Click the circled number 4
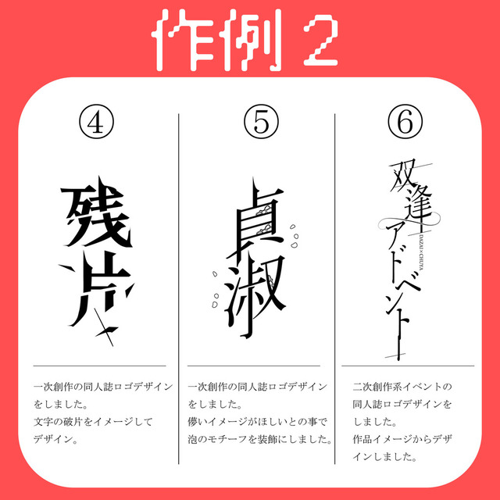click(x=96, y=122)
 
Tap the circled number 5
click(x=261, y=122)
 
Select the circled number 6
click(x=405, y=122)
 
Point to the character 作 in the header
click(x=184, y=40)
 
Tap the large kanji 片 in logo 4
click(x=95, y=294)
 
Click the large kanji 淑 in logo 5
click(x=254, y=297)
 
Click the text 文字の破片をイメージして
click(x=94, y=422)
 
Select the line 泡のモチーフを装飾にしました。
click(x=259, y=439)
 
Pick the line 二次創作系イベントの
click(x=402, y=387)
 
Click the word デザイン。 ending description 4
click(x=55, y=439)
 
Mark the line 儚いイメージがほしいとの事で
click(x=258, y=422)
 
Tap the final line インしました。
click(x=385, y=457)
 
